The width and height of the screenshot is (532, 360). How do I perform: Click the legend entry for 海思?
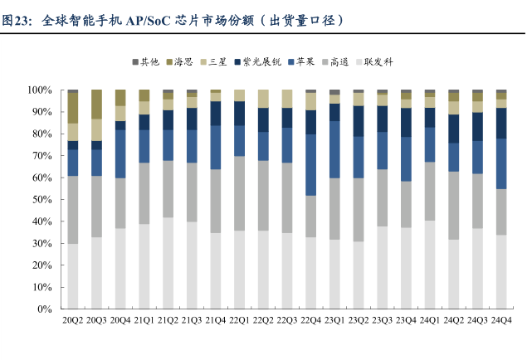pyautogui.click(x=183, y=62)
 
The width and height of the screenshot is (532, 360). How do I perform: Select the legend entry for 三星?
pyautogui.click(x=218, y=62)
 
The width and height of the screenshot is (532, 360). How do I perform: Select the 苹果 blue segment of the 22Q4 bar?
pyautogui.click(x=311, y=164)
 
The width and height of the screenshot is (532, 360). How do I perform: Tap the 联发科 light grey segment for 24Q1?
pyautogui.click(x=430, y=265)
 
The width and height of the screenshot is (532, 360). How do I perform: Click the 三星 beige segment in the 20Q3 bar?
pyautogui.click(x=96, y=129)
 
